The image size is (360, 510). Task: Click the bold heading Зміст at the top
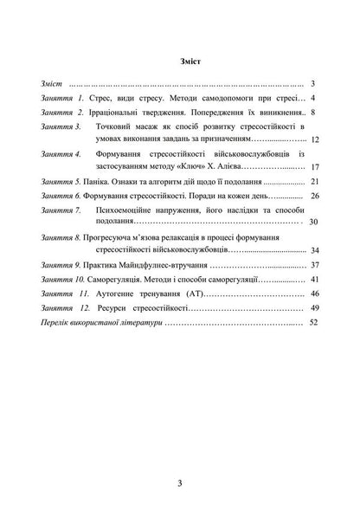[x=180, y=62]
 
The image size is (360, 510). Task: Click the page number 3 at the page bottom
[x=179, y=458]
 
